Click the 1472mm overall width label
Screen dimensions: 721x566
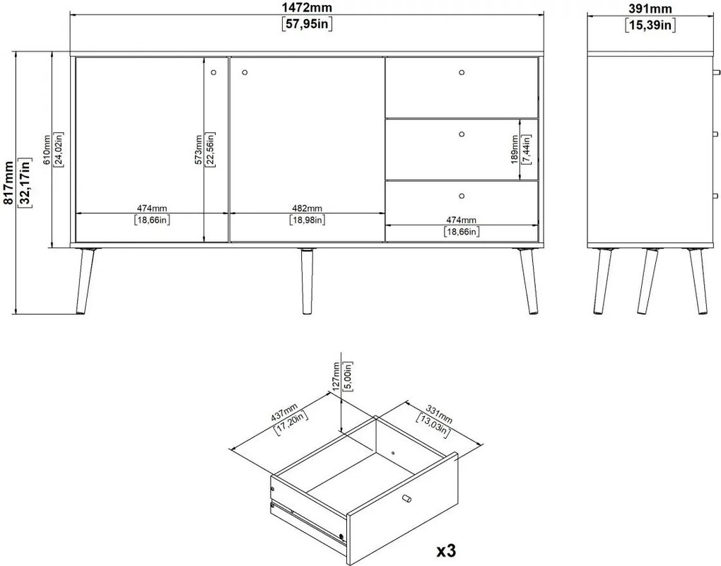307,8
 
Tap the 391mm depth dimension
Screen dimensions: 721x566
650,8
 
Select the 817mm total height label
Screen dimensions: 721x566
8,182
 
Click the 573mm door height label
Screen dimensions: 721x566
198,149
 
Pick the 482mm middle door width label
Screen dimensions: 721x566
307,208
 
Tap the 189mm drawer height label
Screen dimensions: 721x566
515,149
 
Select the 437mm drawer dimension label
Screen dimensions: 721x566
284,412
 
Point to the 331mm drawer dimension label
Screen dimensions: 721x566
439,414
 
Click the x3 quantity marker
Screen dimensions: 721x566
446,550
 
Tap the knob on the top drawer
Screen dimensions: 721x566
462,73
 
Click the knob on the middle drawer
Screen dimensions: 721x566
462,134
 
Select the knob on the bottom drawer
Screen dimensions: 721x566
462,196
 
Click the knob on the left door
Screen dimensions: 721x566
213,73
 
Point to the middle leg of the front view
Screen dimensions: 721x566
306,281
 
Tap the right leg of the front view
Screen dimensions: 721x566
527,281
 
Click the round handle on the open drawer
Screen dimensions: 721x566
406,499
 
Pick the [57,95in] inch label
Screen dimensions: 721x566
307,24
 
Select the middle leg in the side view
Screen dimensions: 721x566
647,281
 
